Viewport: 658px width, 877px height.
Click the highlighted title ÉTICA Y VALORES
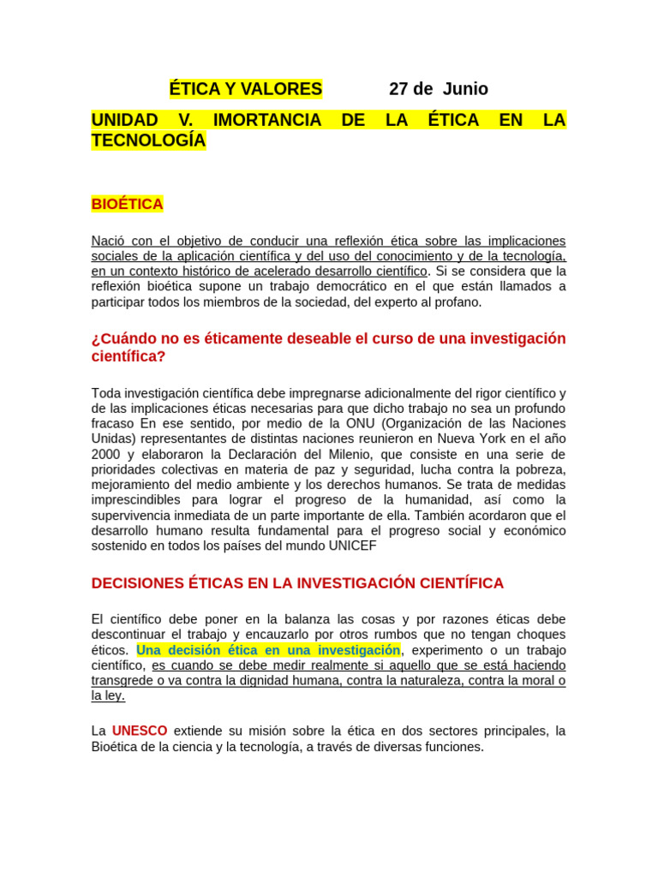(245, 89)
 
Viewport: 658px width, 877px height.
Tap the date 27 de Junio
(439, 89)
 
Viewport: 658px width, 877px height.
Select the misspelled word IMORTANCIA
(267, 120)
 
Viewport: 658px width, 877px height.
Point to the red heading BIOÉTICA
(127, 204)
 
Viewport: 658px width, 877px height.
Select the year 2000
(105, 455)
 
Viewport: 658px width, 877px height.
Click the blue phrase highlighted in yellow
(268, 650)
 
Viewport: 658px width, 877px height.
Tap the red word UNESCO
(140, 731)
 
